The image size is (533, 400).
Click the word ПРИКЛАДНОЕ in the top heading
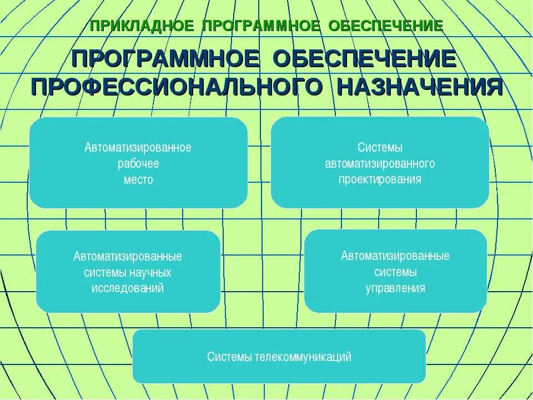142,26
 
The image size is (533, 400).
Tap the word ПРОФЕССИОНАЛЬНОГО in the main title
177,87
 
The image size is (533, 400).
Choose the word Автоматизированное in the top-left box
138,148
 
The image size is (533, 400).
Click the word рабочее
138,164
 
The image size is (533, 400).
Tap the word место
138,180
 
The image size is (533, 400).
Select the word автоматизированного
380,164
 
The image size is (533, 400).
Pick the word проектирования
380,179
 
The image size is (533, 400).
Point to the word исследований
128,289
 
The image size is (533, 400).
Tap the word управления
395,288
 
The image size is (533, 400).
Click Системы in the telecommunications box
230,357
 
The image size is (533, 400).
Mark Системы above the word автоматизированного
380,148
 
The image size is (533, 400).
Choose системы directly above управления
395,272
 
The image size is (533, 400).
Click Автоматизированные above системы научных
128,257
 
